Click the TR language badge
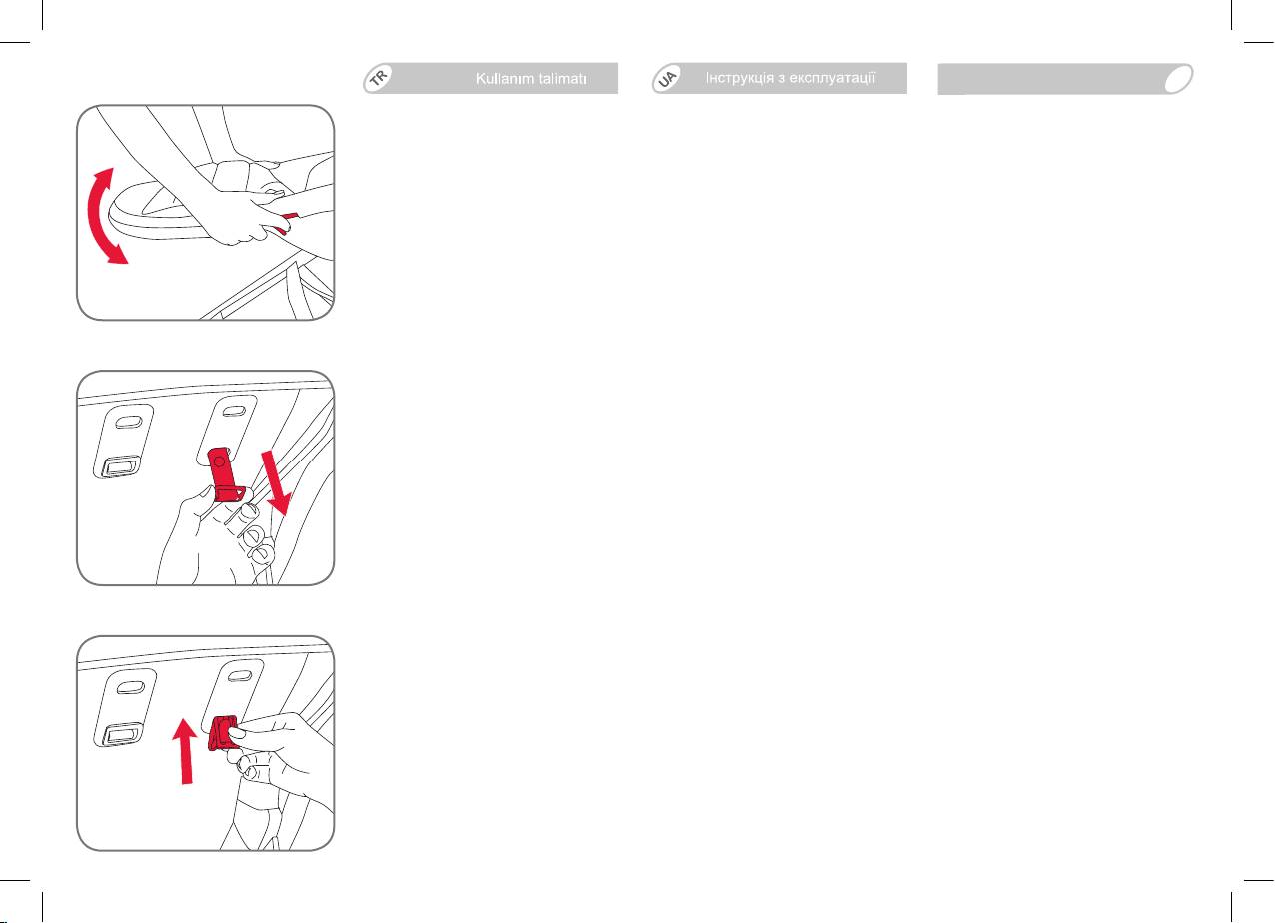pos(379,78)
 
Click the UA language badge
pos(668,78)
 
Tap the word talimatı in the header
pos(562,79)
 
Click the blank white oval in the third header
pos(1178,79)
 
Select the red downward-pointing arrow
pos(277,482)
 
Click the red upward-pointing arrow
pos(185,751)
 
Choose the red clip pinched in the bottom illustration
pos(222,733)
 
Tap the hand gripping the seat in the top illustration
pos(251,216)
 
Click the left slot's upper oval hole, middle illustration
pos(128,422)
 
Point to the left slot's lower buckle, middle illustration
pos(120,466)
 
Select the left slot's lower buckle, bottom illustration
pos(122,734)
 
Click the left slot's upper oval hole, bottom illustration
pos(130,687)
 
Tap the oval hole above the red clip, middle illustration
pos(233,411)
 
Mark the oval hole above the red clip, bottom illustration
pos(240,676)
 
